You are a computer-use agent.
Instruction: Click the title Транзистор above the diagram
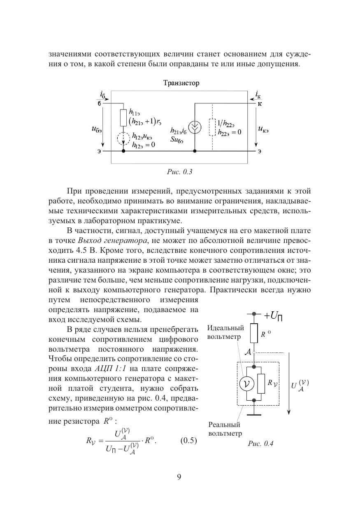click(x=181, y=83)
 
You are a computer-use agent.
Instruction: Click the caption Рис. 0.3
click(x=180, y=172)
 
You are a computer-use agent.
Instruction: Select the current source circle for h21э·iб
click(x=195, y=128)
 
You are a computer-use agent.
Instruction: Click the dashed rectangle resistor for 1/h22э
click(x=212, y=127)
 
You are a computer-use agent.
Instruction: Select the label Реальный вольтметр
click(x=225, y=429)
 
